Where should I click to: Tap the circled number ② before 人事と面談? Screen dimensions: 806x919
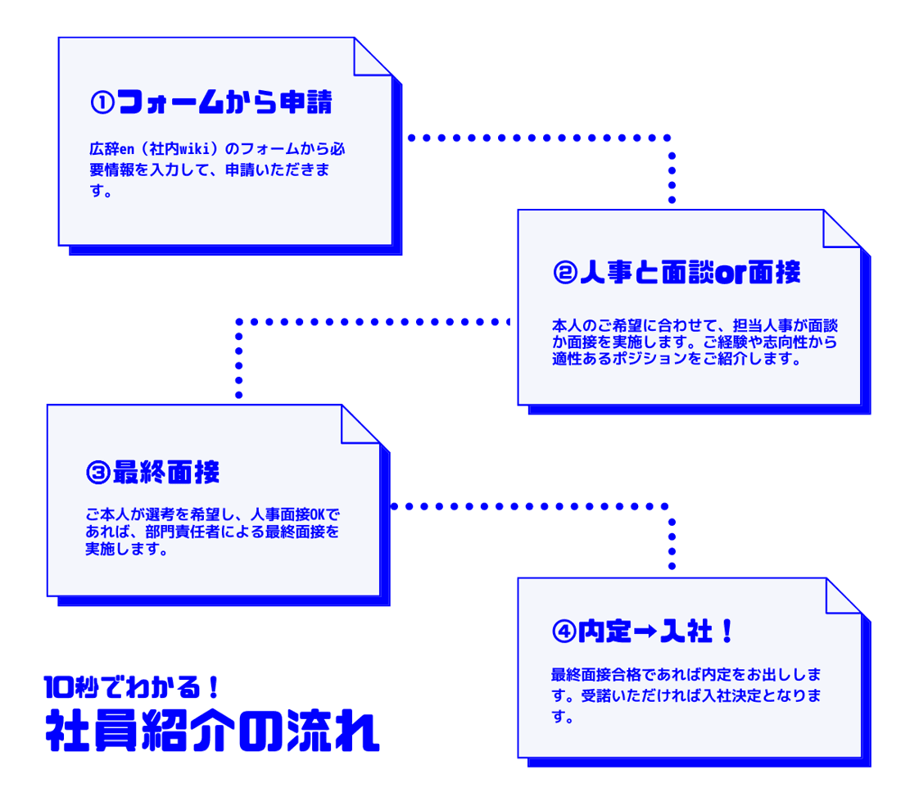(x=565, y=274)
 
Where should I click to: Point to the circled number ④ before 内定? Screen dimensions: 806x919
(x=564, y=632)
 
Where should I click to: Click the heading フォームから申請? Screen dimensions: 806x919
(x=224, y=103)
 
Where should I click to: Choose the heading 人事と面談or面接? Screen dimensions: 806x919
(x=689, y=274)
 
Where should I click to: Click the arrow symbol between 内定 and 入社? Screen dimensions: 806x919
(x=645, y=632)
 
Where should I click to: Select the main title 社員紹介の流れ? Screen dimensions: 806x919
(x=211, y=731)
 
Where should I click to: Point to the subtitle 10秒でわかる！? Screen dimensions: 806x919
(x=129, y=685)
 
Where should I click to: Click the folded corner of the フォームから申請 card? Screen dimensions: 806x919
(x=373, y=57)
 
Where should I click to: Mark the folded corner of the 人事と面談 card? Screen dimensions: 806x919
(x=842, y=229)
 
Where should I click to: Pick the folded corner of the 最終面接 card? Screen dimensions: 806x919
(x=360, y=424)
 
